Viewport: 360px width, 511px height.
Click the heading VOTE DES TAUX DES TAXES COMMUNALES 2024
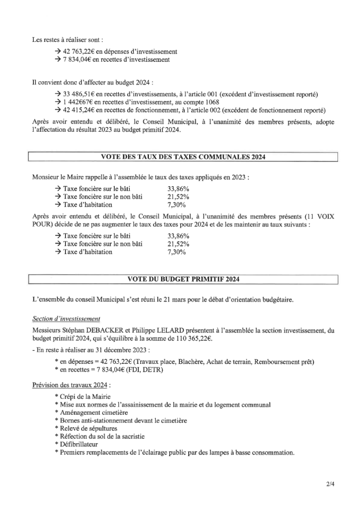coord(183,157)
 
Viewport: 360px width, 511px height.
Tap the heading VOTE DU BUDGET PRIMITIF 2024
coord(183,279)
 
